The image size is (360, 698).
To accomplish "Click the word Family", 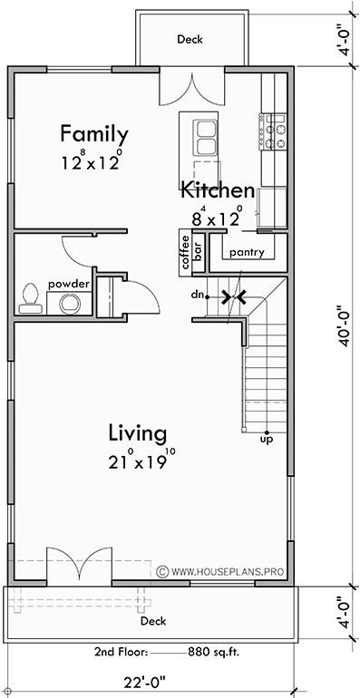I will (93, 134).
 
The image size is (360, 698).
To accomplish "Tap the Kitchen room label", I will (217, 190).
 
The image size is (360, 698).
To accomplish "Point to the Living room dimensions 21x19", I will (137, 460).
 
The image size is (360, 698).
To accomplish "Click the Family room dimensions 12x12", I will (92, 161).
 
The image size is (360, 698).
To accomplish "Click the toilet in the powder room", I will (31, 296).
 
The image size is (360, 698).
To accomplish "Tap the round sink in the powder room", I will (69, 304).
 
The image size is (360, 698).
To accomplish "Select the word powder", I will (69, 284).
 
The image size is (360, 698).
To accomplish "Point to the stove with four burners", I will (274, 131).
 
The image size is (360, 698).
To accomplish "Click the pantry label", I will (247, 253).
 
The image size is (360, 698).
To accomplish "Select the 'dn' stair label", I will (196, 295).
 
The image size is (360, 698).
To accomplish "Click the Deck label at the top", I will (190, 40).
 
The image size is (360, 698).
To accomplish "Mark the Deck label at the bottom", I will (152, 622).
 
